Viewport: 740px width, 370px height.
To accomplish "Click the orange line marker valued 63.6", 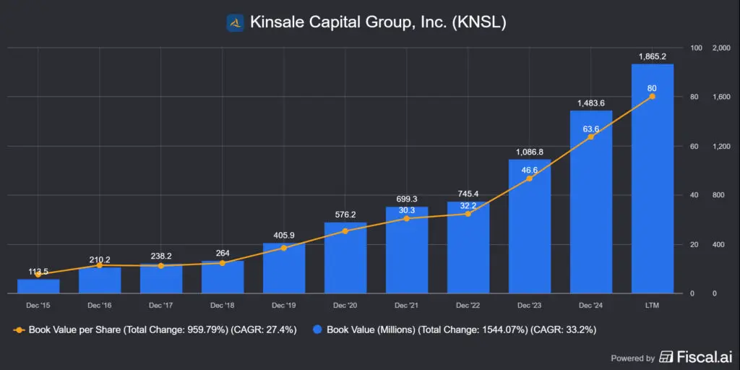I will [591, 137].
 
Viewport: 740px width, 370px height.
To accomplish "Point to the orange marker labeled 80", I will [653, 96].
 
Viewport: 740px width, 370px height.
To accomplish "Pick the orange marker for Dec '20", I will [345, 231].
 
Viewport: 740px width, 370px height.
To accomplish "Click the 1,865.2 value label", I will [653, 56].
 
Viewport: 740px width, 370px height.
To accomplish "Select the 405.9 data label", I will [284, 235].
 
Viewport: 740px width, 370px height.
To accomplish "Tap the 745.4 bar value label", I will [468, 194].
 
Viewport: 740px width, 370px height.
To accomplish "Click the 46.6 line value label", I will [530, 171].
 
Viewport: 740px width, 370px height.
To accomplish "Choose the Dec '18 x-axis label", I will [223, 306].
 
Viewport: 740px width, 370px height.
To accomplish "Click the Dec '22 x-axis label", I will [468, 306].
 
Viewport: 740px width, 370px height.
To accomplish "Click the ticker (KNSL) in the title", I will [478, 22].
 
